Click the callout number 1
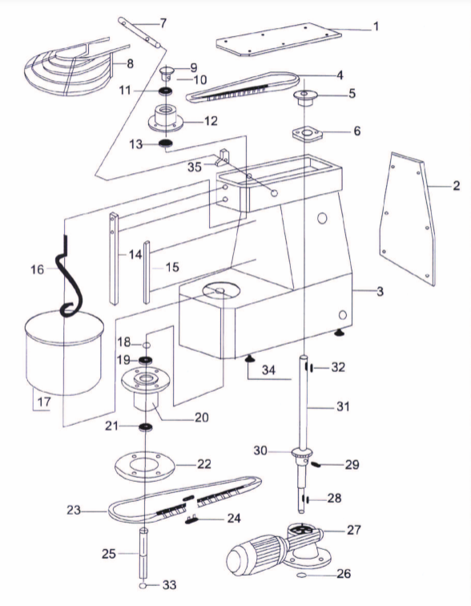coord(376,26)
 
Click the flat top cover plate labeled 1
coord(279,39)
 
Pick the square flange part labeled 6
coord(307,134)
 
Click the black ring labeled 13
coord(166,143)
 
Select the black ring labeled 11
coord(166,91)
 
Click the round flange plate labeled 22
coord(145,467)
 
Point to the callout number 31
coord(343,407)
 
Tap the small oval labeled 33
coord(143,586)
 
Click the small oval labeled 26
coord(301,576)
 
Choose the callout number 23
coord(74,510)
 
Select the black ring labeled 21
coord(145,427)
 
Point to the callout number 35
coord(195,167)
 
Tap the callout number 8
coord(130,63)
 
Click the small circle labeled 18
coord(147,345)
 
